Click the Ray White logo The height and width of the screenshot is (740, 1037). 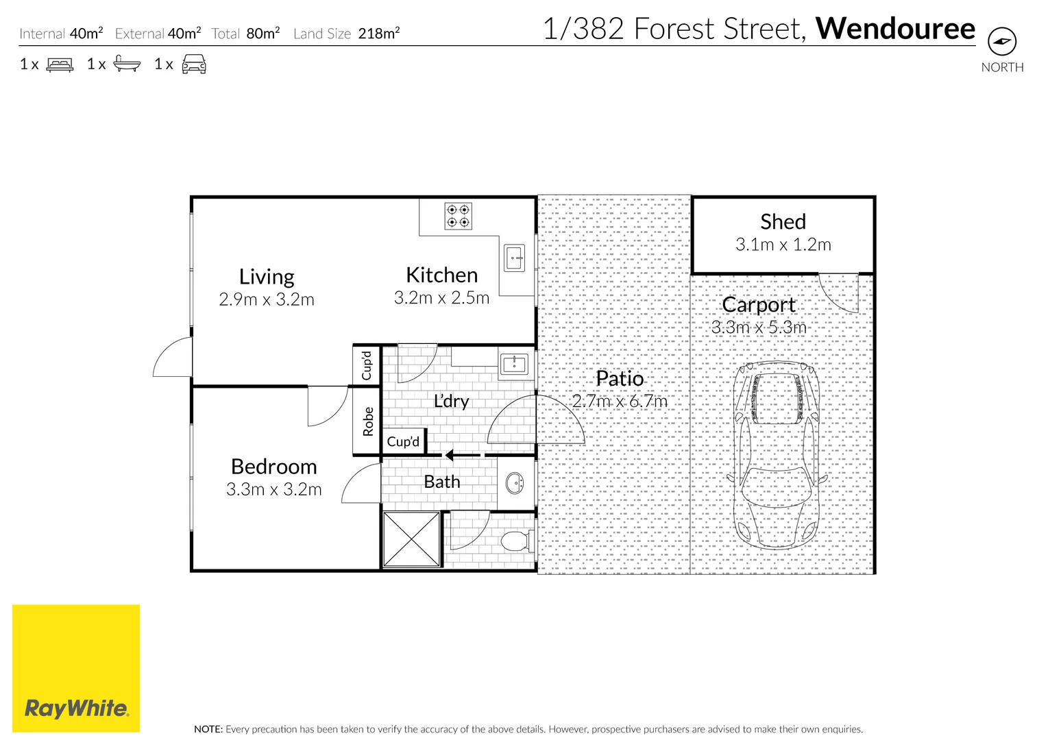pyautogui.click(x=76, y=668)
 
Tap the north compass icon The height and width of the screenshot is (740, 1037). pyautogui.click(x=1001, y=42)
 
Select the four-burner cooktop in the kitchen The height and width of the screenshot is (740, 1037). pyautogui.click(x=458, y=216)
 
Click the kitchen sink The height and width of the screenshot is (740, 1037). pyautogui.click(x=515, y=258)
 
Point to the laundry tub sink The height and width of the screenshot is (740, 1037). pyautogui.click(x=514, y=364)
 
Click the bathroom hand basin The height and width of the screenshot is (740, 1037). pyautogui.click(x=514, y=484)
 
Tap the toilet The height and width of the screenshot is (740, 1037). pyautogui.click(x=517, y=541)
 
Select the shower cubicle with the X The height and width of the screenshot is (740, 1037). pyautogui.click(x=411, y=539)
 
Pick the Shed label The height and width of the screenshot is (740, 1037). pyautogui.click(x=783, y=221)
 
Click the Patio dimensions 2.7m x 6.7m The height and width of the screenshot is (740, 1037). pyautogui.click(x=620, y=401)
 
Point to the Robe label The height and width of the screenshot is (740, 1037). pyautogui.click(x=368, y=421)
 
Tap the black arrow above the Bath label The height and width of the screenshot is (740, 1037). pyautogui.click(x=450, y=455)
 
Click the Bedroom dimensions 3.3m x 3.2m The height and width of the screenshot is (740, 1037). pyautogui.click(x=273, y=489)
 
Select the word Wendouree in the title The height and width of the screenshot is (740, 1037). pyautogui.click(x=895, y=29)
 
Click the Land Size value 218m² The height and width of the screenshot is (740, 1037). pyautogui.click(x=378, y=34)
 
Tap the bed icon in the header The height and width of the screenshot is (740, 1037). pyautogui.click(x=60, y=64)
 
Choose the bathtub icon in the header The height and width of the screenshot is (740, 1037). pyautogui.click(x=127, y=64)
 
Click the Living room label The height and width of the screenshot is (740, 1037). pyautogui.click(x=267, y=276)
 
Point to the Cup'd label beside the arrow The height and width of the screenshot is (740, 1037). pyautogui.click(x=403, y=442)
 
